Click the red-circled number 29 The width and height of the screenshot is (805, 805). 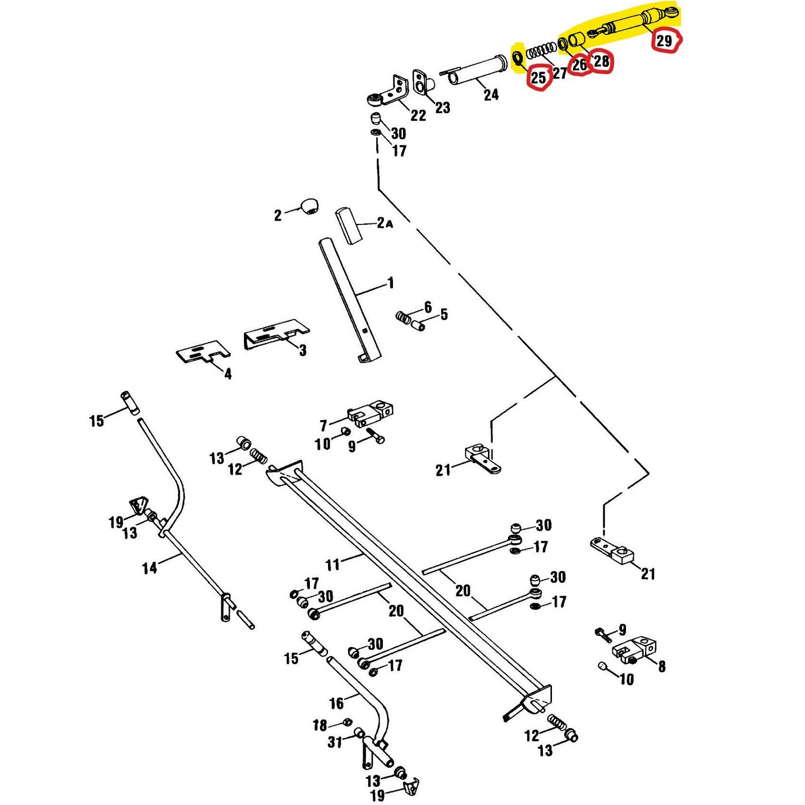click(x=665, y=40)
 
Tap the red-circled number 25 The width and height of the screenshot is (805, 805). click(x=538, y=77)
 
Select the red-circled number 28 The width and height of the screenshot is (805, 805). click(x=601, y=61)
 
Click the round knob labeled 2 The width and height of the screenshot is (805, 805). click(x=309, y=206)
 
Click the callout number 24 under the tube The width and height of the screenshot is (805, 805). click(x=491, y=95)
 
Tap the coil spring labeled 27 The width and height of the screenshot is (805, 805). click(x=541, y=51)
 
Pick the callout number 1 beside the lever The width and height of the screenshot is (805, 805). click(x=390, y=283)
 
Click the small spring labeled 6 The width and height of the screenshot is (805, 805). click(x=403, y=318)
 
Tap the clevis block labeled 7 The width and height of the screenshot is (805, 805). click(x=370, y=414)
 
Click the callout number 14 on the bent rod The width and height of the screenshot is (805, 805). click(x=149, y=568)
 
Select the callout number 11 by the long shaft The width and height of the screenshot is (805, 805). click(x=333, y=565)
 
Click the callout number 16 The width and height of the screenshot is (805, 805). click(x=336, y=703)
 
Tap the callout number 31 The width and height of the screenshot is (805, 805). click(x=335, y=742)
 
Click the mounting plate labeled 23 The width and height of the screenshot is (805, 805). click(x=421, y=83)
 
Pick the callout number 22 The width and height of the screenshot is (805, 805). click(x=418, y=115)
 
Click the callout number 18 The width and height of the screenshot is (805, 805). click(x=320, y=725)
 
